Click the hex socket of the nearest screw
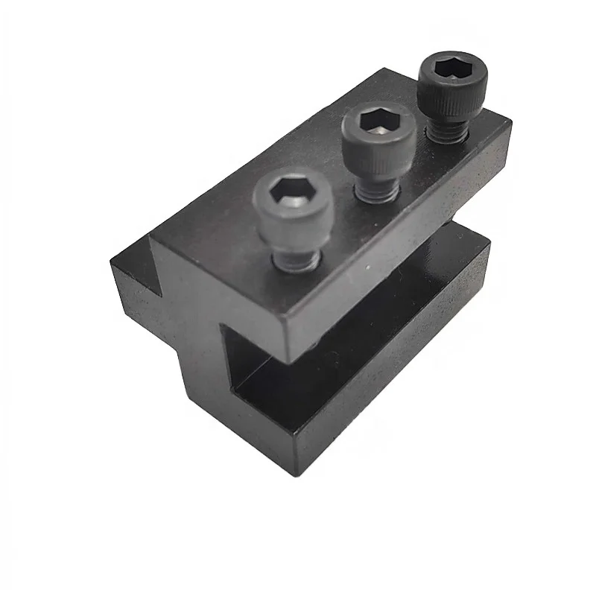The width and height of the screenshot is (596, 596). [292, 191]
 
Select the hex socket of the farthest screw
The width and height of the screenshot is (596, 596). [451, 69]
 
